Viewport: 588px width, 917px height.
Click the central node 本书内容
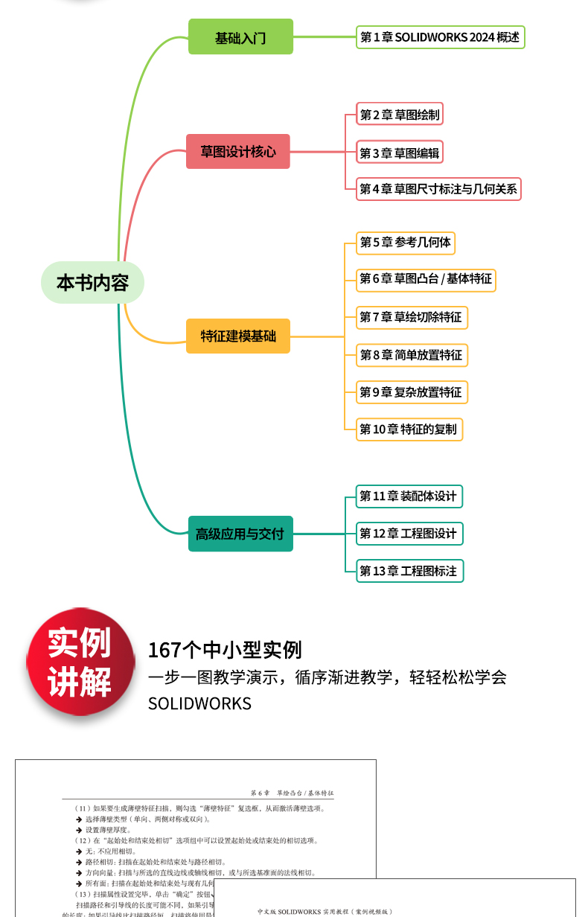pos(92,283)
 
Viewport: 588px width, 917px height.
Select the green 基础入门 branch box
pos(240,37)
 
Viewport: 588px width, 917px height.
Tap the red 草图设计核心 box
pos(238,152)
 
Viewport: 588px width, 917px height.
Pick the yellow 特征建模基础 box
pos(238,336)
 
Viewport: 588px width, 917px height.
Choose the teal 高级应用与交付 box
pos(240,534)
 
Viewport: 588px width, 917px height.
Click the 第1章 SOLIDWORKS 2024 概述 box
pos(441,37)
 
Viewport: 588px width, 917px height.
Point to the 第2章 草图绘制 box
pos(400,115)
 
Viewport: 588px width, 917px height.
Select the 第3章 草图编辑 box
pos(400,153)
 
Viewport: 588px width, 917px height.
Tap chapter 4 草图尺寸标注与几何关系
pos(438,189)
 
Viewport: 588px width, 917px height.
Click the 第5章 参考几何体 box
pos(406,242)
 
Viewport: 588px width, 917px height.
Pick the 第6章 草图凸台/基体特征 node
pos(426,279)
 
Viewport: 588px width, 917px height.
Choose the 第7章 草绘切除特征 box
pos(412,317)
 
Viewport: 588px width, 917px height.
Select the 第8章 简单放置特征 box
pos(412,355)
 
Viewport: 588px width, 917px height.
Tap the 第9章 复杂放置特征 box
pos(412,392)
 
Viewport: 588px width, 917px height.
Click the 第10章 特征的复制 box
pos(409,429)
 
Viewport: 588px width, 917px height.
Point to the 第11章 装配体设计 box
pos(409,496)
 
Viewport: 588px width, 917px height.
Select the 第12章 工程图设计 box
pos(409,533)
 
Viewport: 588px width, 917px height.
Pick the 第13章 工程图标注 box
pos(409,571)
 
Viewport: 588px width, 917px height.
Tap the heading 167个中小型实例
pos(225,650)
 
